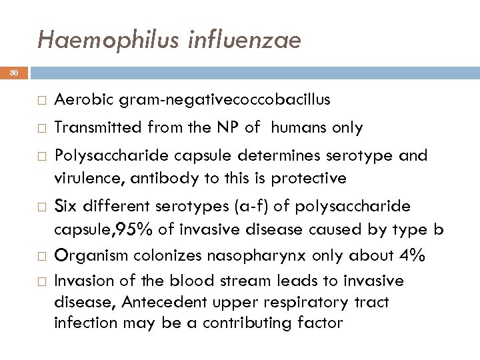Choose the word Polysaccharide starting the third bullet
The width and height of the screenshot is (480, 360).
click(x=107, y=155)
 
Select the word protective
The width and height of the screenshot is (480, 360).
click(x=308, y=178)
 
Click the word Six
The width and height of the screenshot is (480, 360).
click(x=66, y=206)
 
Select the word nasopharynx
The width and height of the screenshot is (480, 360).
click(x=262, y=255)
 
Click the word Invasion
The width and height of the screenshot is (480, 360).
click(x=82, y=281)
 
